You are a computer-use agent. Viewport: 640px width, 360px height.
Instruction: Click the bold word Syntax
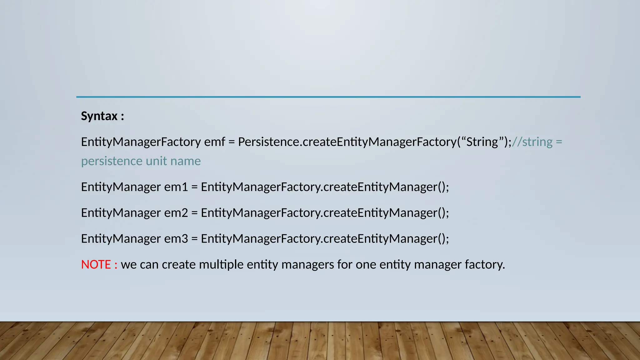click(x=99, y=116)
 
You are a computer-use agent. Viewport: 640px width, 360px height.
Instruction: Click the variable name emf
click(x=214, y=142)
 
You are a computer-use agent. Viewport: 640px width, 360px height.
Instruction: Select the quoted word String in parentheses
click(x=482, y=142)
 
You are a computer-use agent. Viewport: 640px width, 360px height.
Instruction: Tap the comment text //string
click(x=532, y=142)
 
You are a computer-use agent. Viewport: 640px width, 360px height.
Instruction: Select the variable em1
click(x=176, y=187)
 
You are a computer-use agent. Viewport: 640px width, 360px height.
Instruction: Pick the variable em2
click(x=176, y=213)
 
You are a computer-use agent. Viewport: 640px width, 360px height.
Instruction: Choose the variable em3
click(x=176, y=239)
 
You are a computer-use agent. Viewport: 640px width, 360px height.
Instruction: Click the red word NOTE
click(x=96, y=265)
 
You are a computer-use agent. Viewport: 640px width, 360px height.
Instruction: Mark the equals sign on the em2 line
click(x=194, y=213)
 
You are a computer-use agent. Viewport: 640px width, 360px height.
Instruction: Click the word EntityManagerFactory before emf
click(x=141, y=142)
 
